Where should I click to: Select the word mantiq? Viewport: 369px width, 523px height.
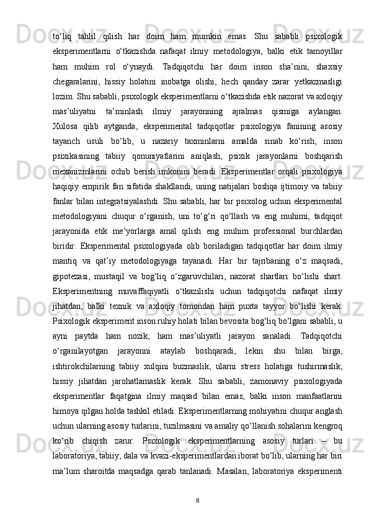(x=64, y=267)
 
